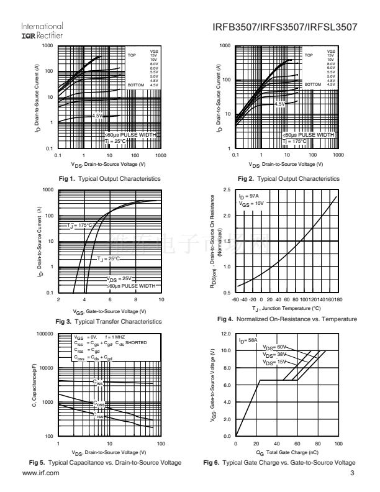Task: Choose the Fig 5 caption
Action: pos(105,463)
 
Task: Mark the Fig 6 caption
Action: pos(279,463)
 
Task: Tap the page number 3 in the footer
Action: pos(351,473)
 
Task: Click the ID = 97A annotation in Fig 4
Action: pos(248,196)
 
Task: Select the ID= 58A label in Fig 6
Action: pos(248,341)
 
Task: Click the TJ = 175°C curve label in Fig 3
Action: pos(79,225)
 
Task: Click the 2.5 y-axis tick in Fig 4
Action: pos(227,189)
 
